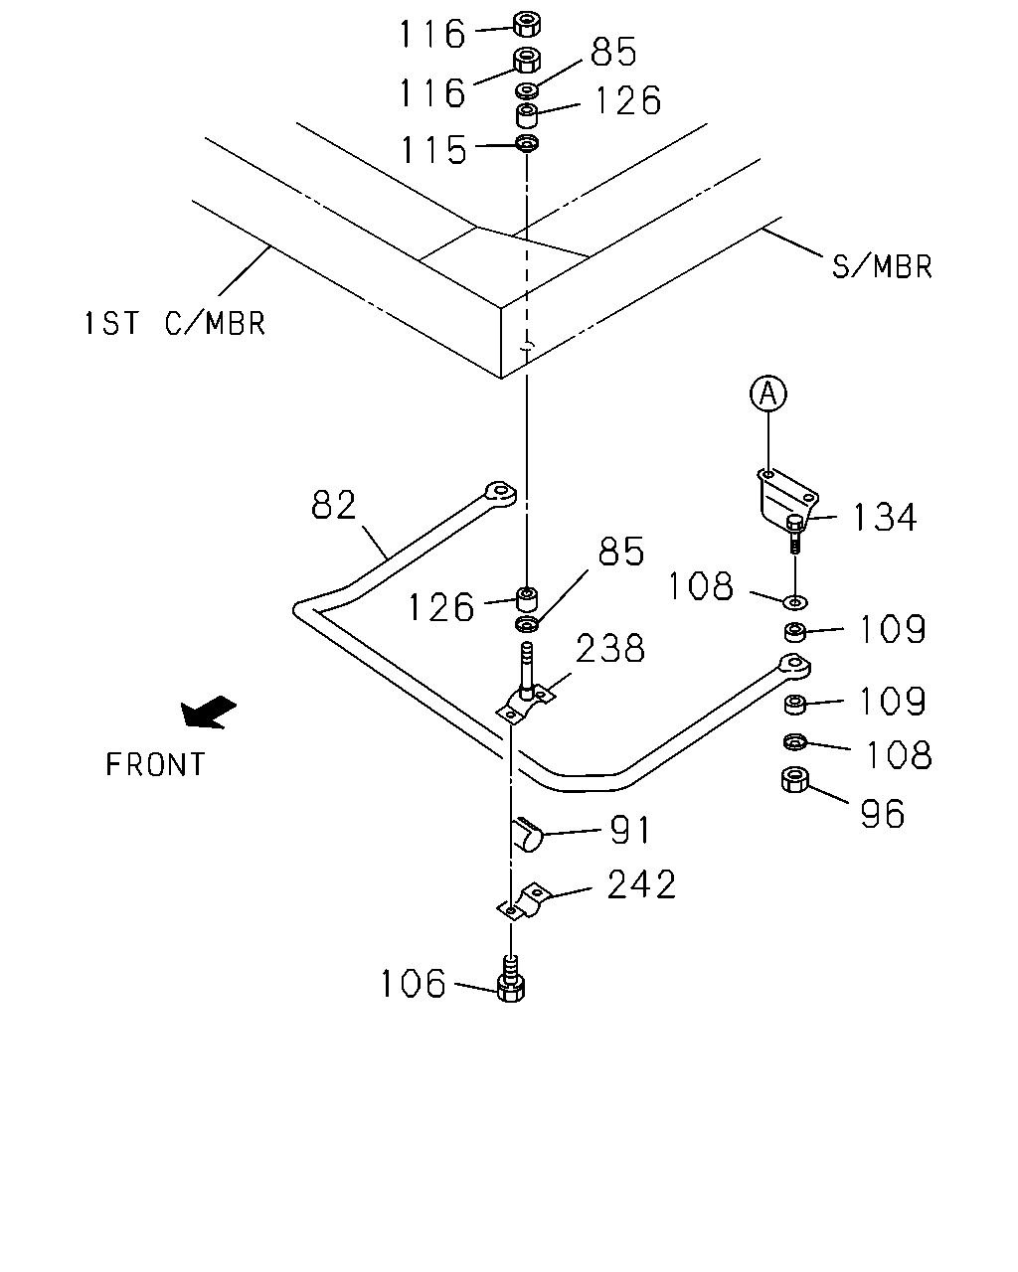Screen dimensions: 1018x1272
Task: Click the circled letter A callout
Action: click(x=767, y=394)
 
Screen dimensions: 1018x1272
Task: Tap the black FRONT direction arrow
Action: click(x=208, y=712)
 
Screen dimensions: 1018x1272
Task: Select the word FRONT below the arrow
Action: click(x=155, y=764)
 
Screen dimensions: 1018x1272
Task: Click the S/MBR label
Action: click(x=882, y=266)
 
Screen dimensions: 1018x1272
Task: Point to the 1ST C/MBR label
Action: click(x=175, y=323)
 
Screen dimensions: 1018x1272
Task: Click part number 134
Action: click(x=885, y=517)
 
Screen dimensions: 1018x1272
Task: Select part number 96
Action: click(x=882, y=814)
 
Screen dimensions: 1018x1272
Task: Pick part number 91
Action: click(x=630, y=830)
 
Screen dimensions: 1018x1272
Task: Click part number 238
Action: click(x=609, y=648)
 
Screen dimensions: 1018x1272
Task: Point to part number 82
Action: click(x=334, y=505)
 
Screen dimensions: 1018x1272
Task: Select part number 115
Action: click(x=433, y=148)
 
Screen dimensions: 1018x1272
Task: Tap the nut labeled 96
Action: click(x=795, y=780)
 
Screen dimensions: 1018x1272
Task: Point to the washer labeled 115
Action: click(x=527, y=143)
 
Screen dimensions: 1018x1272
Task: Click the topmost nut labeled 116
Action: click(x=526, y=24)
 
